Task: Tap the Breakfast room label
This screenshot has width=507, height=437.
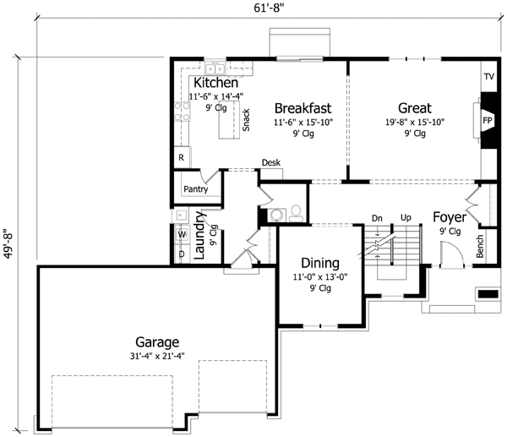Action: (302, 108)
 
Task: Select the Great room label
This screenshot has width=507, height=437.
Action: (414, 108)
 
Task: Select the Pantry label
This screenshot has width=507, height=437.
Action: (195, 189)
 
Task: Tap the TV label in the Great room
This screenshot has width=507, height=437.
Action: (488, 77)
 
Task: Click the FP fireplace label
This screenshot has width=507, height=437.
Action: (488, 121)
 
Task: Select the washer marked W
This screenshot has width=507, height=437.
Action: (182, 235)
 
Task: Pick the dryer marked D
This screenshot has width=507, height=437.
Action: (182, 254)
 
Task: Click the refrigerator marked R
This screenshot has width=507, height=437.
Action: (181, 157)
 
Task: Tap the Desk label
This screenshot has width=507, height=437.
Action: (270, 162)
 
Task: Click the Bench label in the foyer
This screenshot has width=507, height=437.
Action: (480, 246)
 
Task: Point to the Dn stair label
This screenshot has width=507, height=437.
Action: (377, 218)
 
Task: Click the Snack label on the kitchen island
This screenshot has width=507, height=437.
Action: (246, 120)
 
